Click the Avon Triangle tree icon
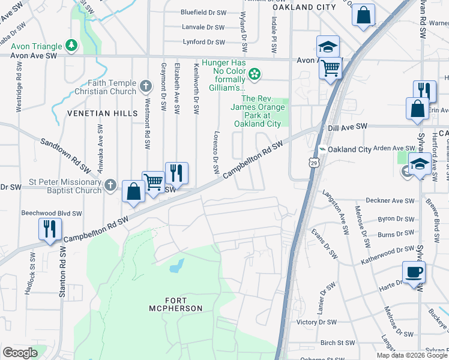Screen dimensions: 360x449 tap(71, 45)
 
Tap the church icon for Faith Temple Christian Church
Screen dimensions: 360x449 tap(145, 87)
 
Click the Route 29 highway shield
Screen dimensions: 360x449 tap(313, 162)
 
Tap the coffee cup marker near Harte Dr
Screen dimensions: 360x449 tap(414, 272)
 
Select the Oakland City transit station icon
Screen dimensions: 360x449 tap(322, 149)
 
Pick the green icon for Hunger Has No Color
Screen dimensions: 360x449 tap(255, 74)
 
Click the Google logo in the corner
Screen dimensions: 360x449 tap(20, 353)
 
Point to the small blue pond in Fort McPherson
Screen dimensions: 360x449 tap(176, 266)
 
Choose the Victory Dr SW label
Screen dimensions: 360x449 tap(321, 322)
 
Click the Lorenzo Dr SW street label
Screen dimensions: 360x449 tap(216, 152)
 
